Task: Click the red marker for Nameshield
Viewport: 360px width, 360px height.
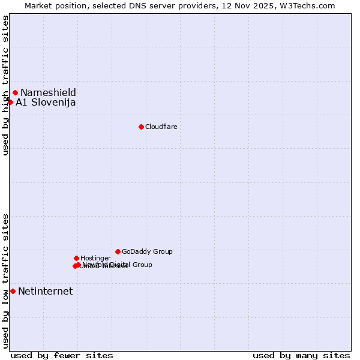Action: coord(15,92)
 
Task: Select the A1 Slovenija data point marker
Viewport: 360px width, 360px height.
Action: coord(10,102)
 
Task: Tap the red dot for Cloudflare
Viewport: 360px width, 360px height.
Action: coord(141,127)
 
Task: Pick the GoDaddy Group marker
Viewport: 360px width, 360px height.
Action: coord(118,251)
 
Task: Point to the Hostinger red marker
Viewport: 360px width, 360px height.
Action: coord(76,258)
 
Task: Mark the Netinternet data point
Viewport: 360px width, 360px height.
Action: coord(13,291)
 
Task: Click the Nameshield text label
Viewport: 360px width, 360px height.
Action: coord(48,92)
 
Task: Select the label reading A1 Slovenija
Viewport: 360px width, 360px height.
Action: coord(46,103)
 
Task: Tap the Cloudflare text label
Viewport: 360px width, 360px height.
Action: coord(161,127)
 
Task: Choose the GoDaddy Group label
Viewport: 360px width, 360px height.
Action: coord(147,251)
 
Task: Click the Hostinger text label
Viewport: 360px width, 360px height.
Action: coord(95,258)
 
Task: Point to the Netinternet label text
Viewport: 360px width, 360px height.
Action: coord(45,292)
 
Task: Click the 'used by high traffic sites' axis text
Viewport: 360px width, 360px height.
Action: coord(6,85)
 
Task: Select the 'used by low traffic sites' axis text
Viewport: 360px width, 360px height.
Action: coord(6,281)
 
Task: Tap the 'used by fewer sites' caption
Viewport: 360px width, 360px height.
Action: coord(62,355)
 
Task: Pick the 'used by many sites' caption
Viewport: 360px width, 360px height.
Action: coord(301,355)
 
